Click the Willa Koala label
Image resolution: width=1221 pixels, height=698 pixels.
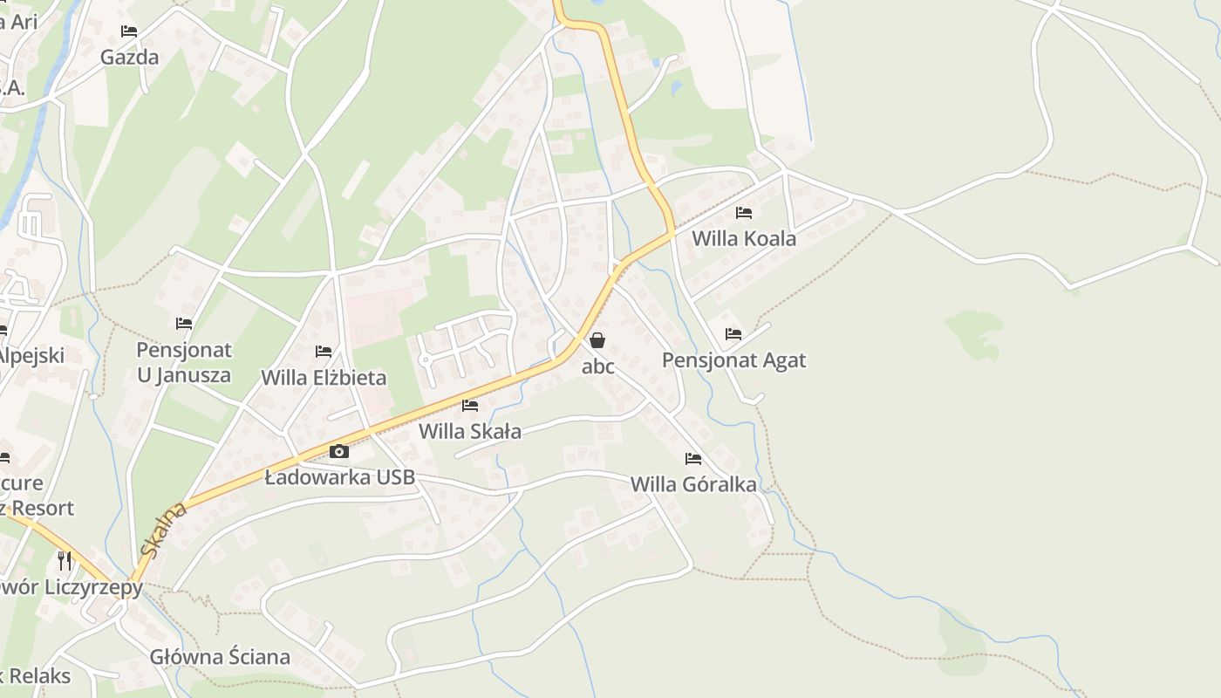click(x=744, y=238)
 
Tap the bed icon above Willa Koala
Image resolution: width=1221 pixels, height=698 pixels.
click(x=743, y=212)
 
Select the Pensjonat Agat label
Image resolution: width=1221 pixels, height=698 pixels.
click(x=733, y=360)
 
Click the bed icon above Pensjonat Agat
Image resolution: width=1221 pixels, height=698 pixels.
click(x=733, y=333)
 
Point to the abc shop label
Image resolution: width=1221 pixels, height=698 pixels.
click(x=598, y=366)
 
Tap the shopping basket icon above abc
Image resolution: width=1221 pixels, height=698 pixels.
click(x=597, y=340)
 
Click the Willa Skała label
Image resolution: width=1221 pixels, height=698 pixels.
click(x=470, y=431)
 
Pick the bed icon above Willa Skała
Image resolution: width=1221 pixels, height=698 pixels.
click(x=469, y=405)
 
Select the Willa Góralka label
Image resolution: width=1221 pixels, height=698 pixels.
click(x=693, y=484)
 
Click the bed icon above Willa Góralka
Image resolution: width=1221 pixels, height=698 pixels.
click(x=693, y=458)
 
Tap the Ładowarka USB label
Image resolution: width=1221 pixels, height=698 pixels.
click(x=340, y=478)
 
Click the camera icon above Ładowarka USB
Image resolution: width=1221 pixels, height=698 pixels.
click(x=339, y=451)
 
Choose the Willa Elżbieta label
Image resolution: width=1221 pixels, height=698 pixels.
click(x=324, y=378)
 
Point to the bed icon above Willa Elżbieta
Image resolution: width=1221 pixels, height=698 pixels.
click(x=324, y=352)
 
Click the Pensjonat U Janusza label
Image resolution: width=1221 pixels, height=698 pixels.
click(x=184, y=362)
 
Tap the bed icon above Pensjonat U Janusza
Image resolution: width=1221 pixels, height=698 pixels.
click(x=184, y=323)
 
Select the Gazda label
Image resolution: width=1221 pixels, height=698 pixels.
click(x=129, y=58)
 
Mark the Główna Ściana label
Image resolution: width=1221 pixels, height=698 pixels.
click(x=220, y=657)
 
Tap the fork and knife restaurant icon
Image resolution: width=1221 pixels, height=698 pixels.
click(x=65, y=560)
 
